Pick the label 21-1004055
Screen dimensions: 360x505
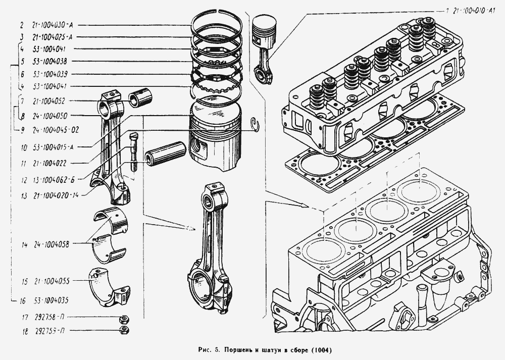coord(52,280)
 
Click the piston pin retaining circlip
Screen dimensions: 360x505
coord(256,123)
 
